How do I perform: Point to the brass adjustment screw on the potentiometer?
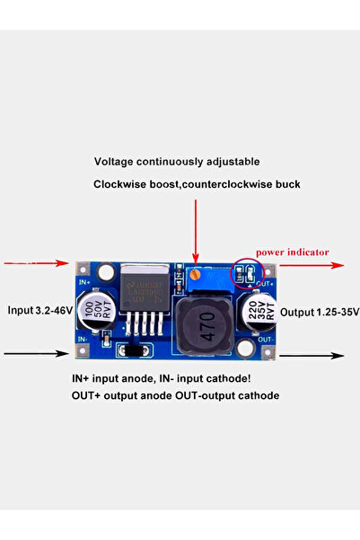(195, 273)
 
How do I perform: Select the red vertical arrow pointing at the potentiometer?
(195, 229)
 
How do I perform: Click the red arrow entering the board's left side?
(36, 264)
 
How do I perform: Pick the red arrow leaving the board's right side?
(310, 266)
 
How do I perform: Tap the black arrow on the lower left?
(36, 354)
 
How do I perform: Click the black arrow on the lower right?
(310, 356)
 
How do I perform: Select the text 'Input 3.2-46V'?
(40, 311)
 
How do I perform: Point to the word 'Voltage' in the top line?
(115, 162)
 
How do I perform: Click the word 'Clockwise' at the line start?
(121, 184)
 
